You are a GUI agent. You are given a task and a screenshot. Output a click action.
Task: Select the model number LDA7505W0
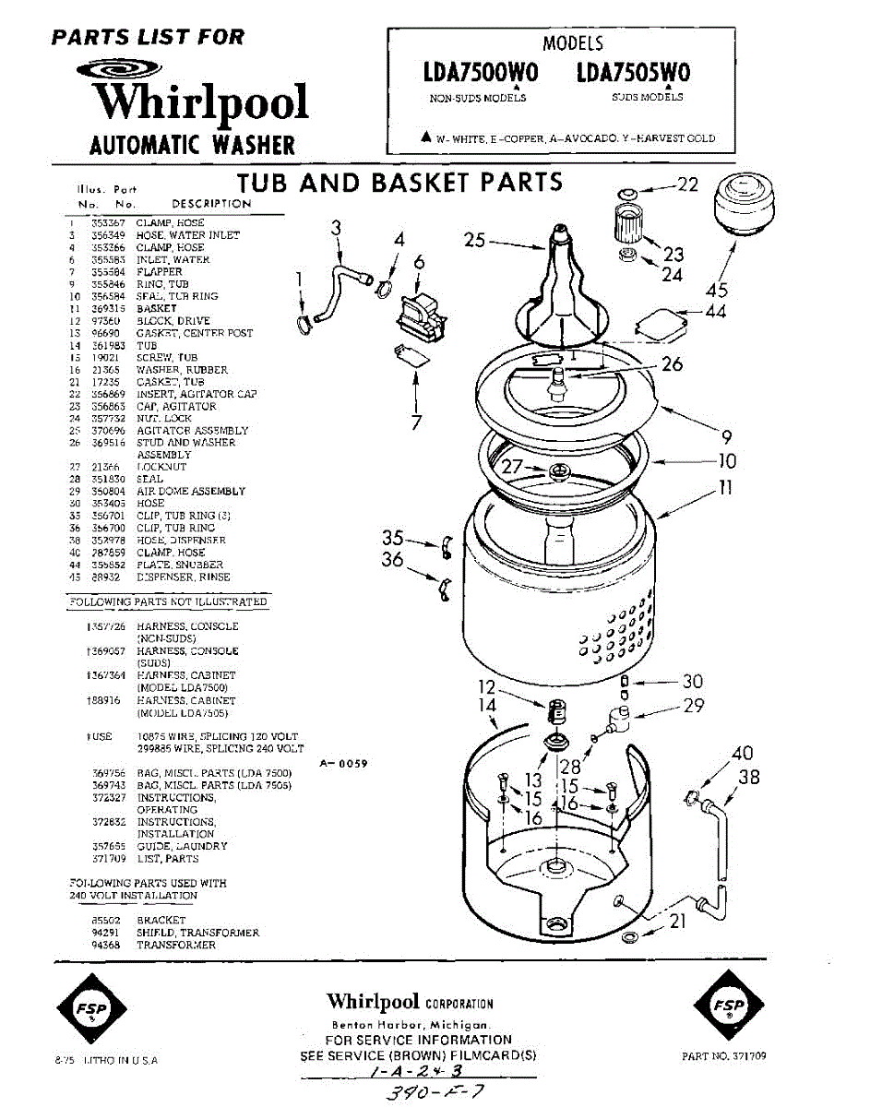click(x=633, y=73)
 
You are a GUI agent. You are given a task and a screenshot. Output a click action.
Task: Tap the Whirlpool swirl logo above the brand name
click(x=120, y=69)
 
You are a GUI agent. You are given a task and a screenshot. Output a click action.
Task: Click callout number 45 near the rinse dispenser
click(x=717, y=291)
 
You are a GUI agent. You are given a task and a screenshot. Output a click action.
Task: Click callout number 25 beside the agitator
click(x=474, y=242)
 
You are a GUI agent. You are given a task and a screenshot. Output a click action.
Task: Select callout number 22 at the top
click(x=688, y=184)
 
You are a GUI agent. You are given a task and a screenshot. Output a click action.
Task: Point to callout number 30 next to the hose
click(x=692, y=682)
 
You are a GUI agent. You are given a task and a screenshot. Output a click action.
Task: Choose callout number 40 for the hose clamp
click(x=741, y=755)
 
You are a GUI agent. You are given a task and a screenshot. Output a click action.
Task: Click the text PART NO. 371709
click(x=724, y=1056)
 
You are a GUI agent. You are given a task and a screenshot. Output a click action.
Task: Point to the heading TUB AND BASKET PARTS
click(x=399, y=182)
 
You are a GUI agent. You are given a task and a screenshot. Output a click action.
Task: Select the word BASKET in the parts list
click(x=157, y=308)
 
